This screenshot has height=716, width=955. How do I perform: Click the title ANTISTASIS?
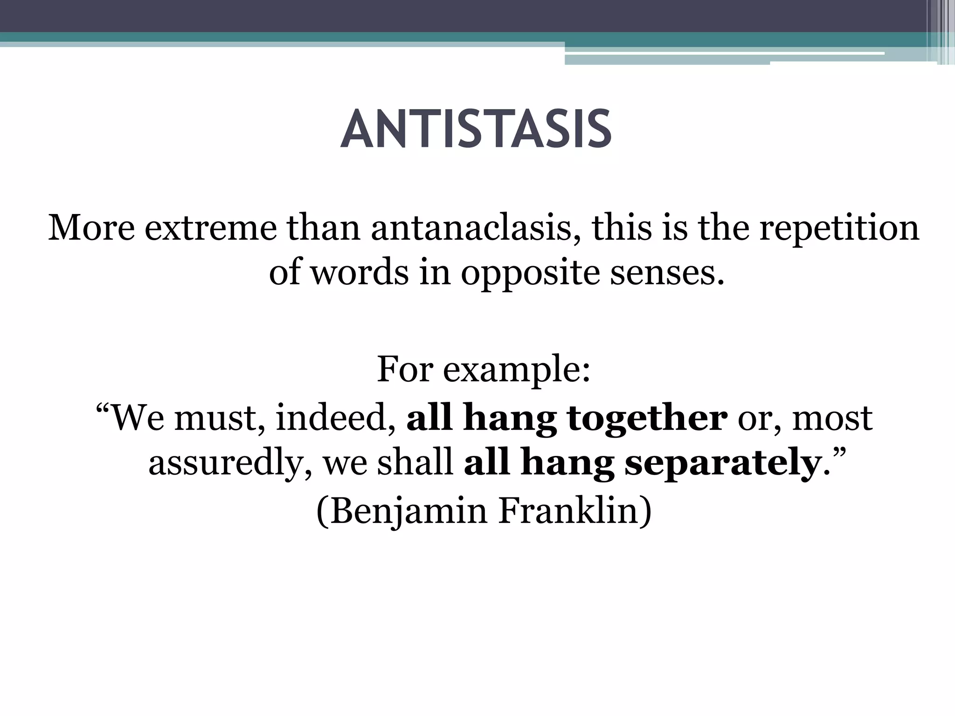tap(476, 129)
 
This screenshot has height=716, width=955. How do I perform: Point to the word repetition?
tap(839, 228)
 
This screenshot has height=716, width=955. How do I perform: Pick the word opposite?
tap(530, 273)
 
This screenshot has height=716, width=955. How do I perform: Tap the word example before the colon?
tap(516, 370)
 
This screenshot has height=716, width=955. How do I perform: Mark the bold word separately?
tap(723, 464)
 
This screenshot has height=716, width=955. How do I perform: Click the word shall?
tap(416, 463)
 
